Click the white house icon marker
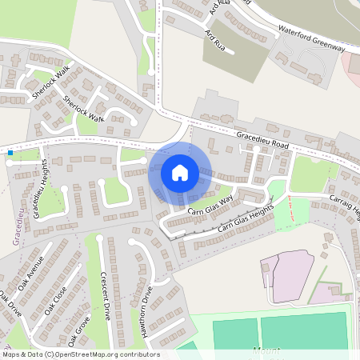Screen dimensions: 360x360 tap(179, 173)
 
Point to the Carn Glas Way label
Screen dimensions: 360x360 tap(210, 206)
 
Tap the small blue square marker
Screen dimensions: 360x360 tap(10, 152)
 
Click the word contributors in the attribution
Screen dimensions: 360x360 tap(135, 354)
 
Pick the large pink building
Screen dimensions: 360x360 tap(287, 276)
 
